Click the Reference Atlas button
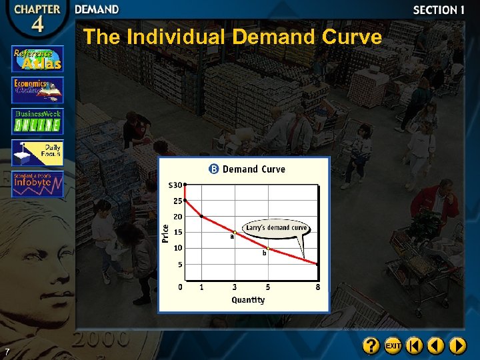click(37, 59)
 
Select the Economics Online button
click(37, 89)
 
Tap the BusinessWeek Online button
click(37, 121)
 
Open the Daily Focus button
click(37, 153)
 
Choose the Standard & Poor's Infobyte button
click(37, 184)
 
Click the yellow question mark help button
click(371, 345)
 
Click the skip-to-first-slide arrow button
click(414, 345)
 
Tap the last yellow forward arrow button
click(457, 345)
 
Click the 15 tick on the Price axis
click(178, 232)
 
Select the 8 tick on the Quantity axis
click(318, 287)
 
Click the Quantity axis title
click(248, 300)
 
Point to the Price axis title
click(165, 233)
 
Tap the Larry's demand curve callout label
click(277, 227)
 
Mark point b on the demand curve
click(267, 248)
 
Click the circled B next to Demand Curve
click(214, 169)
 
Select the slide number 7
click(6, 351)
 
